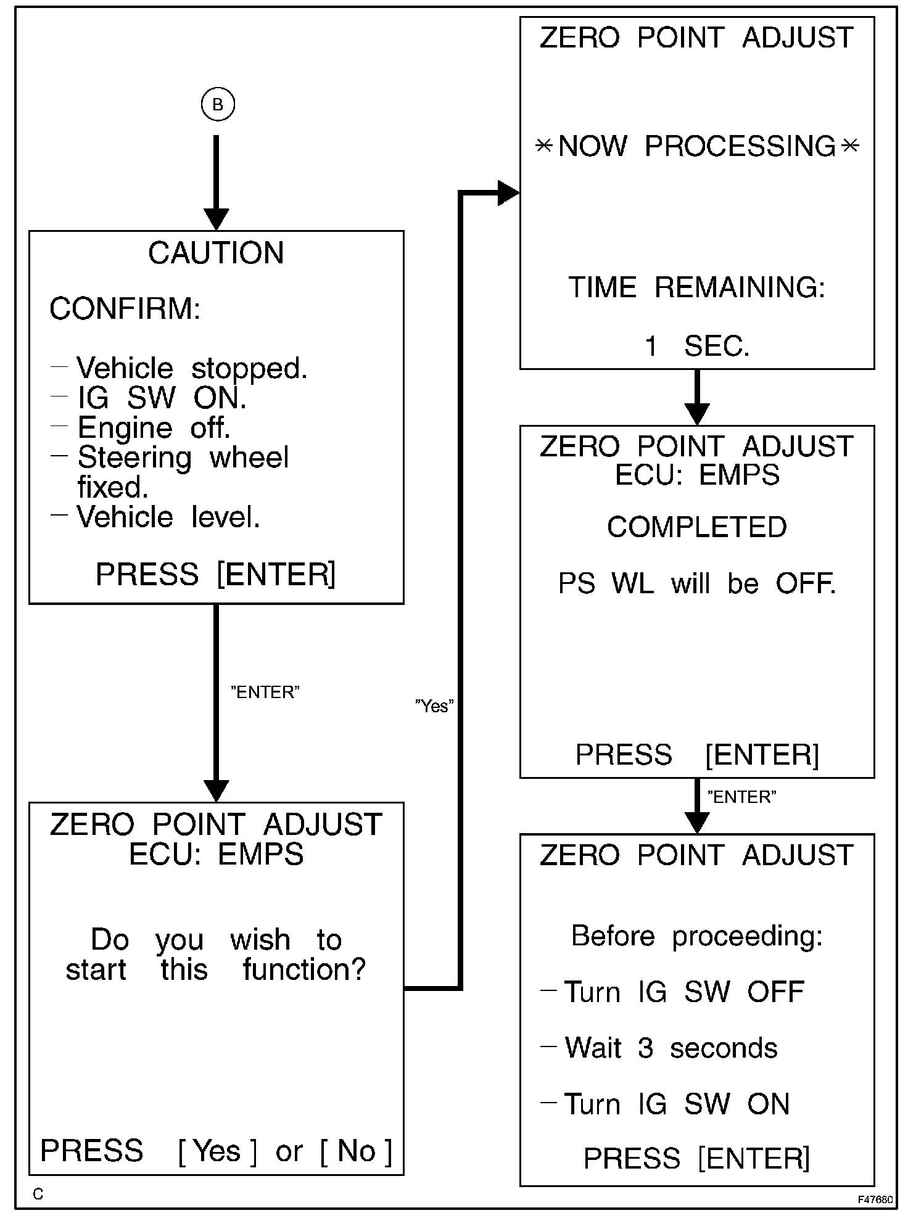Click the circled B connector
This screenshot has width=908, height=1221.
pos(217,105)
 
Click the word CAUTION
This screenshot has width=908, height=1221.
pos(216,253)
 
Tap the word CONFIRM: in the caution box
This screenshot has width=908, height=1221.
pos(125,308)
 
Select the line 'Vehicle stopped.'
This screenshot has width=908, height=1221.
pos(191,368)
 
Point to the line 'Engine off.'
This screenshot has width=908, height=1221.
pos(154,427)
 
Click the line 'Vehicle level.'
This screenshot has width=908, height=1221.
pos(168,517)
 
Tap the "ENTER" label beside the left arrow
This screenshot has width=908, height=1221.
pos(265,692)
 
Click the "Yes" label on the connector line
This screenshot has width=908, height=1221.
pos(434,705)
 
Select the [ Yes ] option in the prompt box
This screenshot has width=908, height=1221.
pos(217,1151)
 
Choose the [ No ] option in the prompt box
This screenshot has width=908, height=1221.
pos(356,1151)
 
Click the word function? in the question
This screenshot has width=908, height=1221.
pos(304,969)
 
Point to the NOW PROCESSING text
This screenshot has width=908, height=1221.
pos(696,147)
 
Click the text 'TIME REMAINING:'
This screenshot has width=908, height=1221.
pos(696,287)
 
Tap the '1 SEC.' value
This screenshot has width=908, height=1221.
pos(696,347)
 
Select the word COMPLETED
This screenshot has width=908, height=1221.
pos(696,527)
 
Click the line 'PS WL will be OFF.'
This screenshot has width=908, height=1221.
pos(696,583)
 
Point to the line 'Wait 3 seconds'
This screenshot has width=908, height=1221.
pos(671,1048)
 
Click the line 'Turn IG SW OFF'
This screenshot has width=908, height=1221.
pos(683,992)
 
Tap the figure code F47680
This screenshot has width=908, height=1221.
pos(875,1199)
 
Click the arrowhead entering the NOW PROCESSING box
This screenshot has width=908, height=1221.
pos(508,193)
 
